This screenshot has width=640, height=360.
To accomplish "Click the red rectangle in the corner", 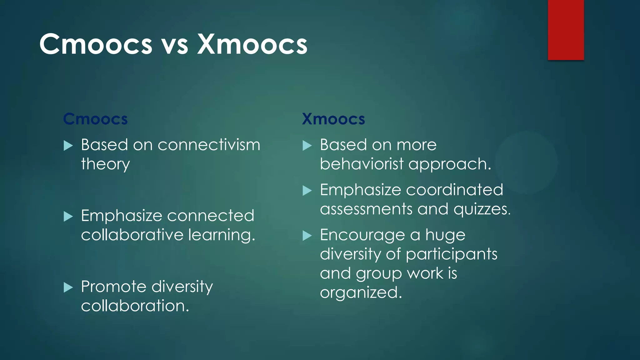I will pos(566,30).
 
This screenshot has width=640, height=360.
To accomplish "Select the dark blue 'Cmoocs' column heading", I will pos(95,119).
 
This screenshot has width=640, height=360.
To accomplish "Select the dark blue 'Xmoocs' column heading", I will pos(333,119).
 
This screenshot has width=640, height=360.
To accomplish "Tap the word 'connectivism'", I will pos(209,145).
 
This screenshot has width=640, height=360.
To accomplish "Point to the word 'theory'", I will pos(105,164).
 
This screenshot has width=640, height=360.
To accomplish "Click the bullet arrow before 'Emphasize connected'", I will pos(68,216).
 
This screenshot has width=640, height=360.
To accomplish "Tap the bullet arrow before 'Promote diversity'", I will pos(68,287).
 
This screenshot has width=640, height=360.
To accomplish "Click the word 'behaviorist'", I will pos(362,164).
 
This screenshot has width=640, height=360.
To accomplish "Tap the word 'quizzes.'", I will pos(482,209).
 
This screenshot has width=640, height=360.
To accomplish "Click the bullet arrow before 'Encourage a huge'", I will pos(307,236).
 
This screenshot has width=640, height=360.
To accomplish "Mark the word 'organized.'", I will pos(361,293).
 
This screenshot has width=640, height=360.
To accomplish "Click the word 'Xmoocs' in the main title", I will pos(252,44).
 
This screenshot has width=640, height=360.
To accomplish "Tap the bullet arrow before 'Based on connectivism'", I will pos(68,145).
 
